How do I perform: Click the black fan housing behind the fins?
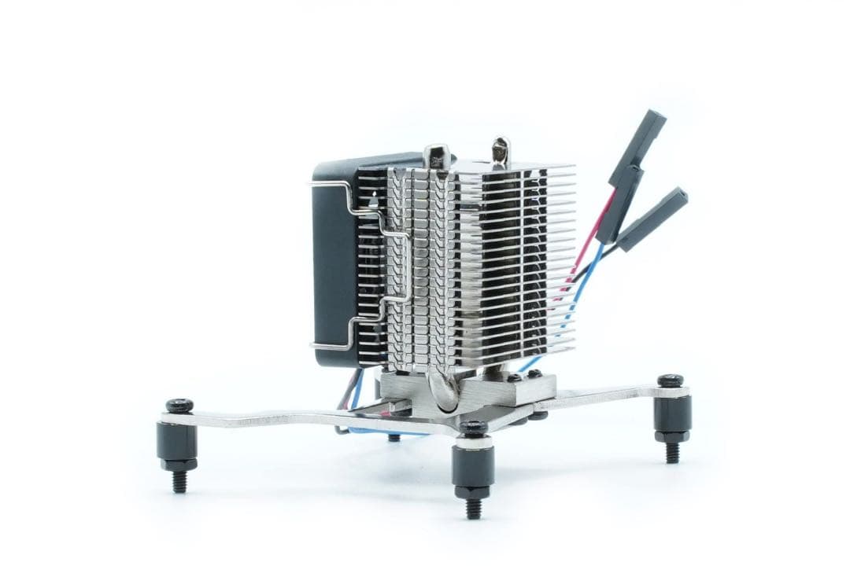(x=334, y=259)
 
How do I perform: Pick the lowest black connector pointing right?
(x=653, y=219)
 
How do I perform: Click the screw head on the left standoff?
(x=179, y=406)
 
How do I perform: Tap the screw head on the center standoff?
(x=473, y=428)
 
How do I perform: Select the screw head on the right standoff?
(x=671, y=380)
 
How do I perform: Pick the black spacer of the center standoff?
(x=473, y=467)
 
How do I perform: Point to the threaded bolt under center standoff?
(x=473, y=507)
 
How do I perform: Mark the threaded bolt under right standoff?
(x=672, y=452)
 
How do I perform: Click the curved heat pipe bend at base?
(x=442, y=390)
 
